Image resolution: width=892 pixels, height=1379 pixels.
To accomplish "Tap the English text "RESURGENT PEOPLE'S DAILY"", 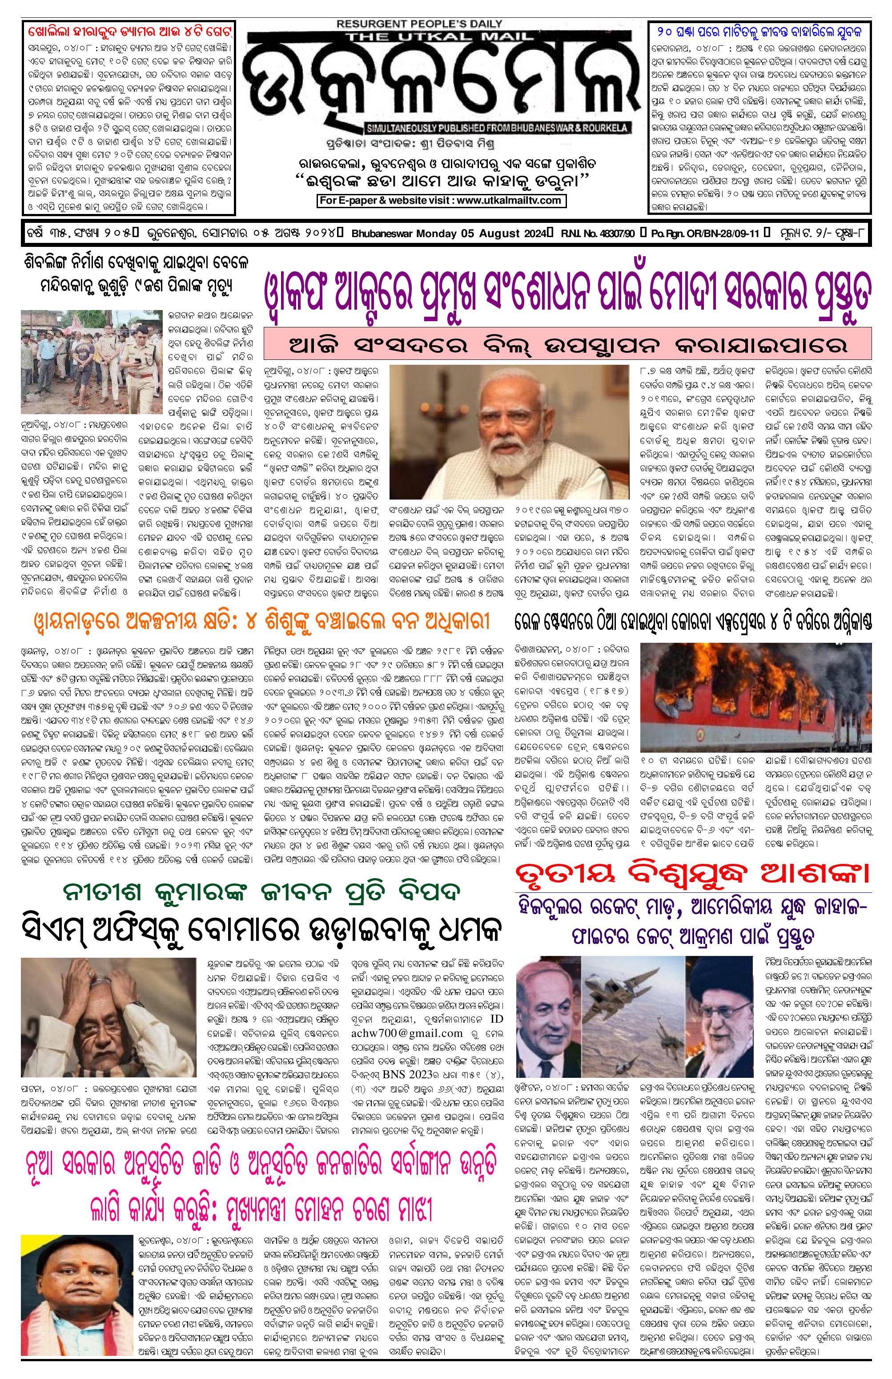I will click(419, 24).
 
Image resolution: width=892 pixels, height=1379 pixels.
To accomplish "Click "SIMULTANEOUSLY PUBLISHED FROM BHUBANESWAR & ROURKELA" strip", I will click(496, 127).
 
